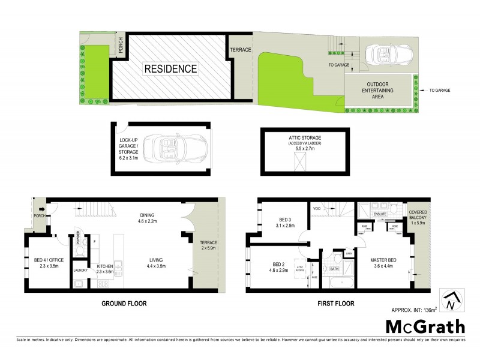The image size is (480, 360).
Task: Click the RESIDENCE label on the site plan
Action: coord(170,69)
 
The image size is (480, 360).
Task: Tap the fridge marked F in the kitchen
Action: coord(95,241)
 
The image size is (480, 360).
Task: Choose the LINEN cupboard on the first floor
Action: coord(349,254)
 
